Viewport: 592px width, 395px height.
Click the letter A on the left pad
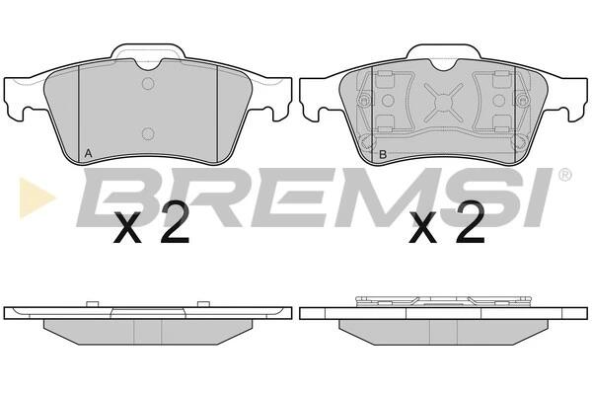[x=88, y=153]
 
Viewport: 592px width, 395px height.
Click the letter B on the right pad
[x=383, y=154]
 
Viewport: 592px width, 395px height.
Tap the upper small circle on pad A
[x=148, y=84]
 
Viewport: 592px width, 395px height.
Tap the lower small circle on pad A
[x=148, y=133]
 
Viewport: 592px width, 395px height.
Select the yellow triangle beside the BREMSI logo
[x=36, y=197]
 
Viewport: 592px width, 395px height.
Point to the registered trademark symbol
[x=564, y=175]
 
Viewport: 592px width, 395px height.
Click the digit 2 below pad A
[x=174, y=222]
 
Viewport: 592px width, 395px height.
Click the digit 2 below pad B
[x=470, y=222]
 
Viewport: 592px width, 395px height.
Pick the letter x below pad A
[x=127, y=228]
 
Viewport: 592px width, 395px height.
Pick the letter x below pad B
[x=423, y=228]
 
